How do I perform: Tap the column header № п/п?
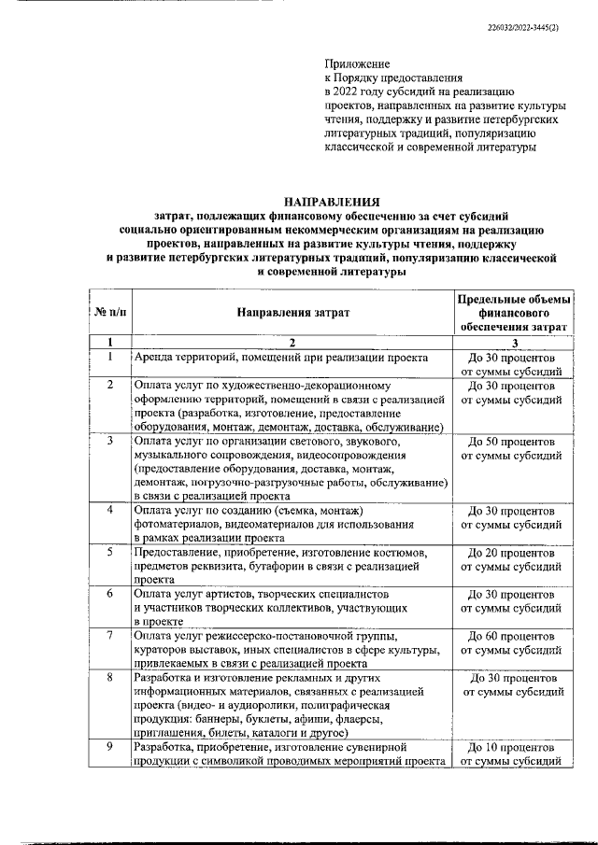(x=109, y=312)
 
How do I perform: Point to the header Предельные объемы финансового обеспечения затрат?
(x=512, y=312)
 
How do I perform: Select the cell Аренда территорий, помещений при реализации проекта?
(x=281, y=358)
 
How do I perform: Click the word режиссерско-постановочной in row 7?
(x=309, y=635)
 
